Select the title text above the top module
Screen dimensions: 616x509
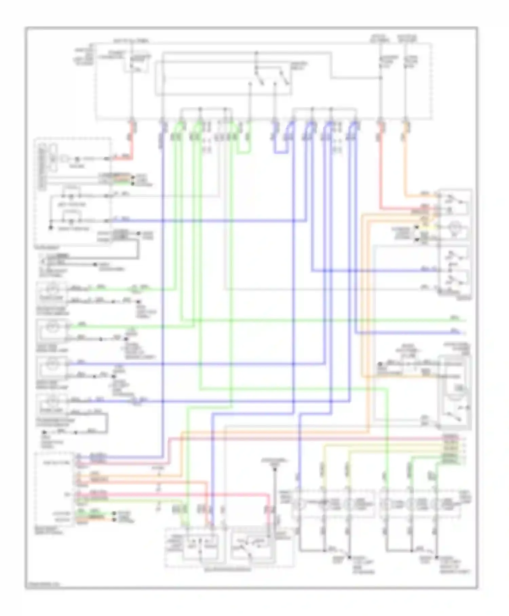pos(131,41)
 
